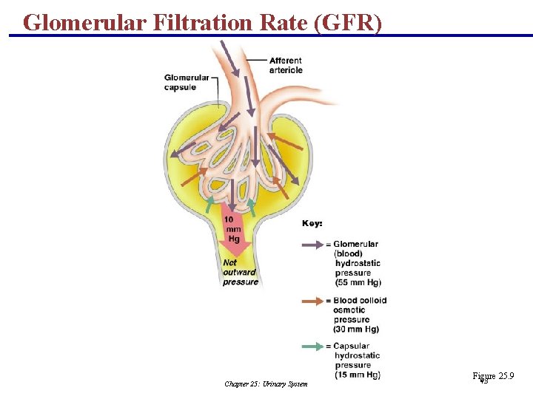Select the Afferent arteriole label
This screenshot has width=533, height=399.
tap(286, 65)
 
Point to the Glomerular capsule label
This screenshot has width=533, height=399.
tap(180, 82)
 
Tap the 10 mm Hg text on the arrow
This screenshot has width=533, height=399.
tap(233, 229)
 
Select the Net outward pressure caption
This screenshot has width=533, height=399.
tap(241, 272)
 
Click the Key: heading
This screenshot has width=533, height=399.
tap(312, 222)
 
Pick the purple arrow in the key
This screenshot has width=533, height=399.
tap(314, 243)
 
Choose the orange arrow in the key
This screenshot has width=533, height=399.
tap(314, 301)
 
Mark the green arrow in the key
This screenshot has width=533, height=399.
tap(314, 346)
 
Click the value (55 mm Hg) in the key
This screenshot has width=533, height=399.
tap(358, 283)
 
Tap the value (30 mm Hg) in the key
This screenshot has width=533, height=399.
tap(356, 329)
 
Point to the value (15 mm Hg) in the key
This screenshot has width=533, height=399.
tap(357, 375)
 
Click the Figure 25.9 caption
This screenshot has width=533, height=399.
tap(493, 377)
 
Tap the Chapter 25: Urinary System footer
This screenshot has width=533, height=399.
tap(266, 383)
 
